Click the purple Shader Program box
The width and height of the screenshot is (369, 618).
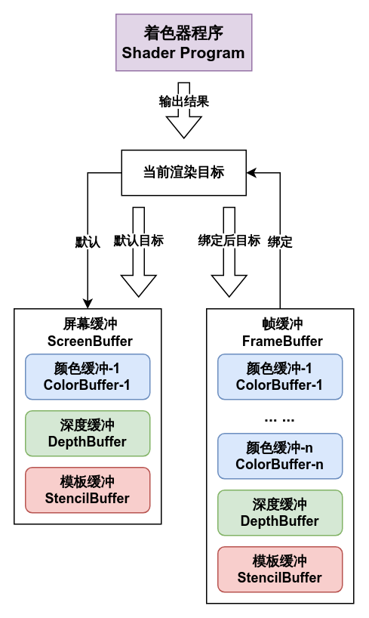pyautogui.click(x=183, y=44)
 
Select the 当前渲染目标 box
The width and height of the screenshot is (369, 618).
pyautogui.click(x=183, y=172)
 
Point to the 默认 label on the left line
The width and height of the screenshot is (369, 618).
pyautogui.click(x=88, y=242)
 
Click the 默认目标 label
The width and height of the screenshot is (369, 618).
pyautogui.click(x=138, y=241)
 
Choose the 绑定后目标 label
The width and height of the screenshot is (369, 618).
pyautogui.click(x=229, y=241)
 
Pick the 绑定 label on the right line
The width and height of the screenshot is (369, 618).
pyautogui.click(x=280, y=242)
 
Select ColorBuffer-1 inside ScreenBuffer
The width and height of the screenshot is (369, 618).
pyautogui.click(x=88, y=377)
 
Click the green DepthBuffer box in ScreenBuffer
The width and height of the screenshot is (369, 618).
pyautogui.click(x=88, y=434)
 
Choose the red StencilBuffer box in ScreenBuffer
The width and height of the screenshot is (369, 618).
pyautogui.click(x=88, y=490)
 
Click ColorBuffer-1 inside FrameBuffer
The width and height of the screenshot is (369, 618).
pyautogui.click(x=280, y=377)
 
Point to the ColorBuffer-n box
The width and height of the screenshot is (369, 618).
pyautogui.click(x=280, y=456)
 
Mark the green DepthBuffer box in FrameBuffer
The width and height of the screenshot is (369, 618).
pyautogui.click(x=280, y=513)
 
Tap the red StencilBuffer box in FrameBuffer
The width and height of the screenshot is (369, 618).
pyautogui.click(x=280, y=570)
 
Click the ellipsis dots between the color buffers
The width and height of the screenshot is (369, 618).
pyautogui.click(x=280, y=417)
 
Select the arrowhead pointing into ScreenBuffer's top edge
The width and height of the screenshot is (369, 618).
pyautogui.click(x=88, y=304)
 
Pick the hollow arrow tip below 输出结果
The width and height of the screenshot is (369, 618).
pyautogui.click(x=183, y=130)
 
